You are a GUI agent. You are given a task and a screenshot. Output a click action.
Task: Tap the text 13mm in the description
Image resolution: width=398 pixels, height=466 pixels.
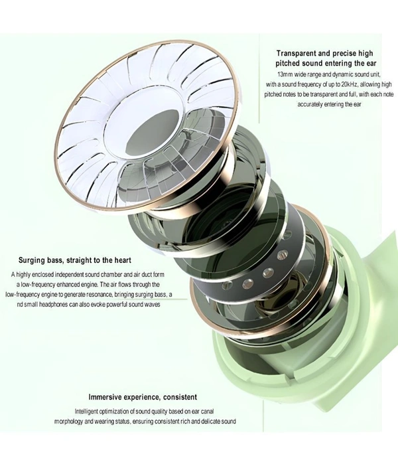click(x=285, y=74)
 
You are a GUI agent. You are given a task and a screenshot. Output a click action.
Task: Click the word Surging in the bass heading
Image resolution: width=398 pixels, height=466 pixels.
click(x=31, y=261)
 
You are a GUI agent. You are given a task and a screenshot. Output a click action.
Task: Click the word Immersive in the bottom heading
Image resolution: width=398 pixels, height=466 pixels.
click(x=105, y=397)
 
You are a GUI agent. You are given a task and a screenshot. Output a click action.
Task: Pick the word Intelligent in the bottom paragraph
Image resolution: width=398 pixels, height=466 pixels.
click(x=86, y=412)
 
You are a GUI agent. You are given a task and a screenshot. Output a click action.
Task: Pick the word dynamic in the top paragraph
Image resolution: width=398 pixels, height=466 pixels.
click(x=344, y=74)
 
